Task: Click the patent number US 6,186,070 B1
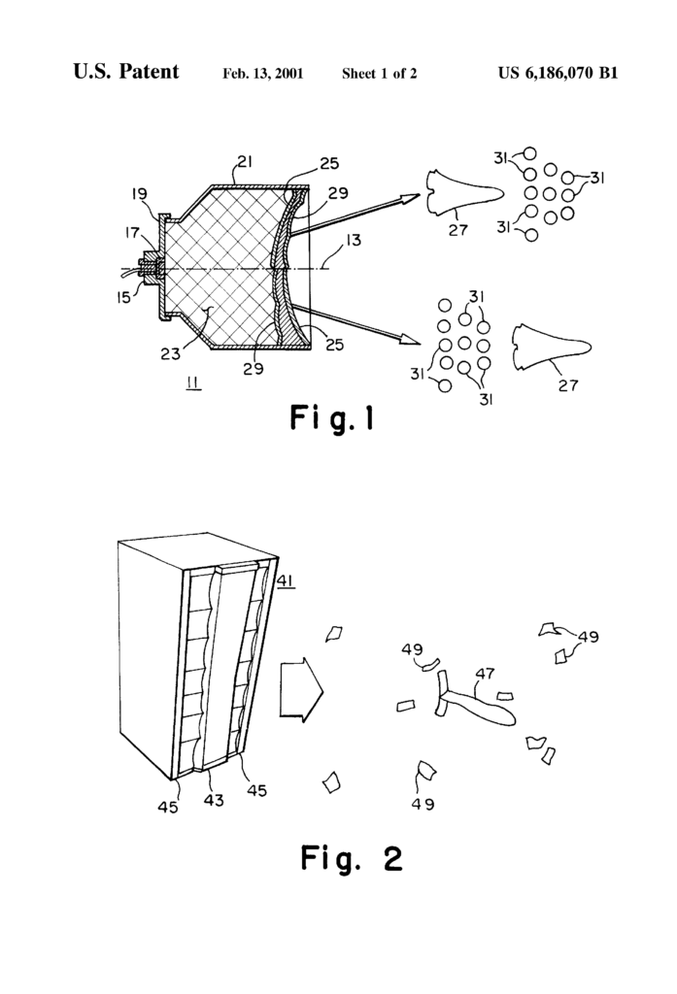click(x=558, y=73)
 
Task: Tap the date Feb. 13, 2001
click(x=262, y=74)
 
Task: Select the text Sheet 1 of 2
click(x=380, y=74)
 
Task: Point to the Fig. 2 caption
click(x=351, y=859)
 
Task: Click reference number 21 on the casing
click(x=244, y=162)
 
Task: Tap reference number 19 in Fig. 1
click(x=140, y=194)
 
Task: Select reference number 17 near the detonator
click(x=132, y=233)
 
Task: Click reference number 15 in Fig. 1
click(x=123, y=295)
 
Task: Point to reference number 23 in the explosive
click(x=170, y=352)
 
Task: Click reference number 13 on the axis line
click(x=353, y=241)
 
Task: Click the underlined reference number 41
click(x=286, y=580)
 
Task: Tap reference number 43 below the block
click(x=214, y=800)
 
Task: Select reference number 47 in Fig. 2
click(x=486, y=674)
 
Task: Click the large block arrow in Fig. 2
click(x=302, y=689)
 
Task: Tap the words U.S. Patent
click(x=125, y=72)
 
